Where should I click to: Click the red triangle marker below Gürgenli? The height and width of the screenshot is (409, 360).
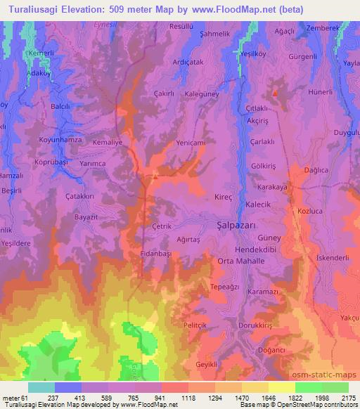point(275,93)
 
